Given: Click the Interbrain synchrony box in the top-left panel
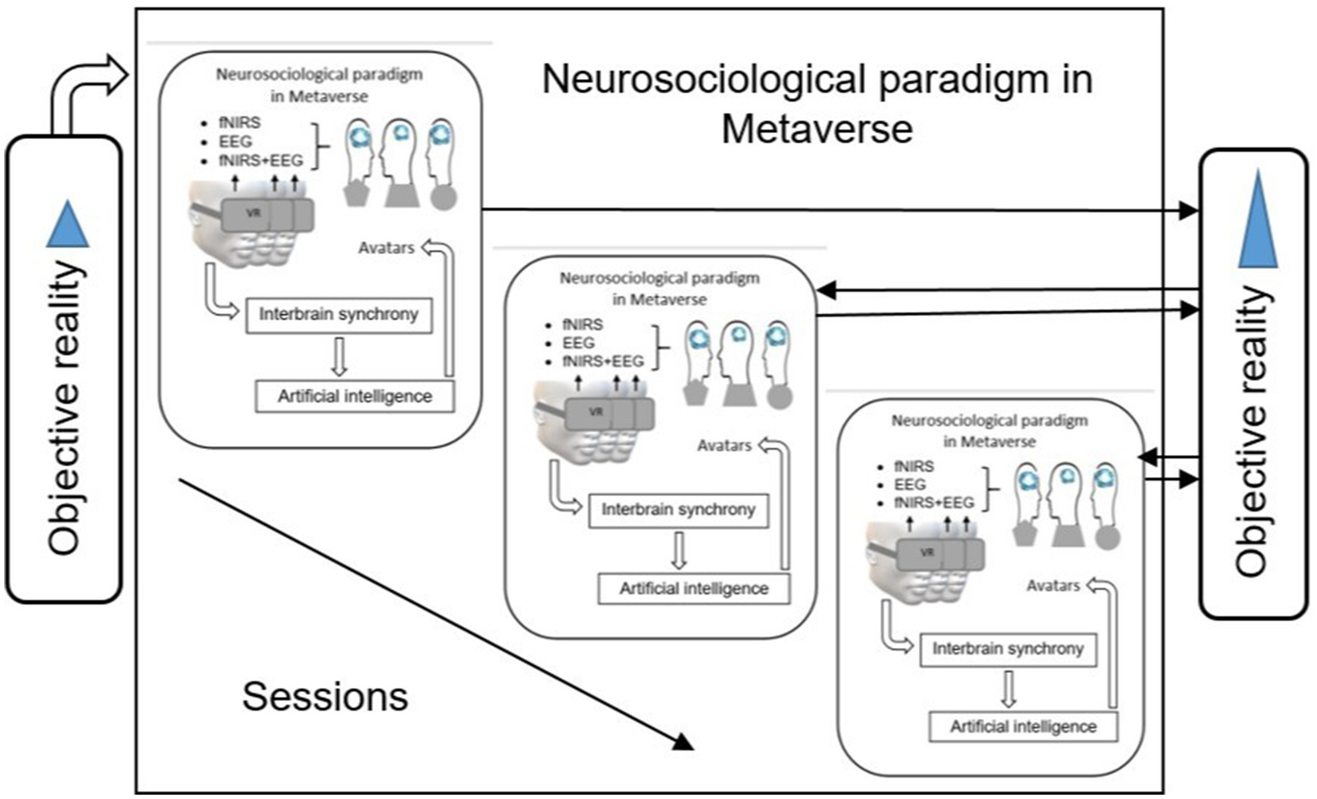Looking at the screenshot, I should [339, 315].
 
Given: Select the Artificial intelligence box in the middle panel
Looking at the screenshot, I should [693, 589].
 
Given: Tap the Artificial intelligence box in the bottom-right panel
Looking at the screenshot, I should [1023, 727].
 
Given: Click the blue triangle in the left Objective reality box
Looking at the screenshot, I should [68, 226].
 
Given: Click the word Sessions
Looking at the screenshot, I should [324, 696].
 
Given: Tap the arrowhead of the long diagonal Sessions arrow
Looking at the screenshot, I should [682, 741].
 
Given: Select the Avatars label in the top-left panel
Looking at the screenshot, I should [386, 248].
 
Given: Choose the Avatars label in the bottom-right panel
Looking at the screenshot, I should [1053, 585].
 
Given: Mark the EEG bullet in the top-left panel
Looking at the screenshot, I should [234, 142].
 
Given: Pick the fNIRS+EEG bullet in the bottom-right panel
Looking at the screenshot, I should [933, 503].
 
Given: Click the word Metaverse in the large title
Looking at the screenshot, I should [816, 130].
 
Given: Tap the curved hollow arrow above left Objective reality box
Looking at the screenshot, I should [86, 86].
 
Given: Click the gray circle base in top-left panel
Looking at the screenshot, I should [443, 198].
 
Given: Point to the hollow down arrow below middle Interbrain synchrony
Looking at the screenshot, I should [679, 551].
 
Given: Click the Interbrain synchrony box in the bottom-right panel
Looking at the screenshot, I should [1007, 649].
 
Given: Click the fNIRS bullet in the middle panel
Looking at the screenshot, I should [582, 324].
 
